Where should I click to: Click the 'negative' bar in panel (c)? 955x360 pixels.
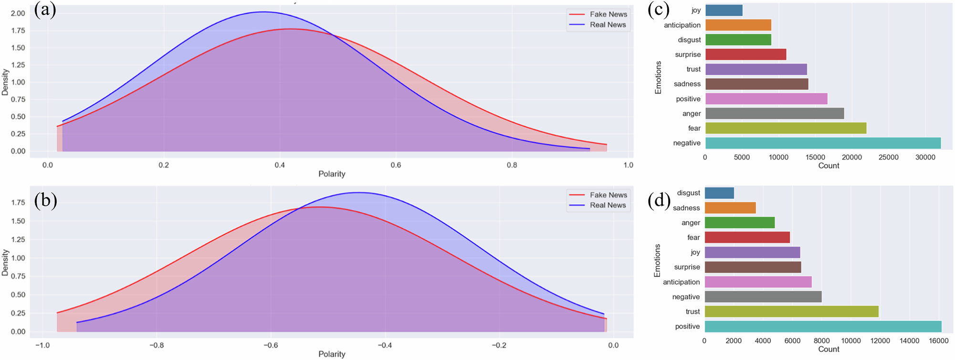(822, 143)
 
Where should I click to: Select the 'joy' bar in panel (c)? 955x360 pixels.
(724, 10)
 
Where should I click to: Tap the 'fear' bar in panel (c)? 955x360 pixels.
(785, 128)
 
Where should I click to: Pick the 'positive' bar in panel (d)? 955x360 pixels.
(822, 327)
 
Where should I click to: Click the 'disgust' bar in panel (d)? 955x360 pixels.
(719, 193)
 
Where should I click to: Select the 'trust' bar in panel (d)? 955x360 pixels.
(791, 312)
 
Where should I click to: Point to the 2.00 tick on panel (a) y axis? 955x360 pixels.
(18, 13)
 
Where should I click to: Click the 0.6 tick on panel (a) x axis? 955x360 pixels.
(396, 165)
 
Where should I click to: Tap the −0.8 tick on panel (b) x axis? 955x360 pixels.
(156, 345)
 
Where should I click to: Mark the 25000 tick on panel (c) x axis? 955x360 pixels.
(888, 157)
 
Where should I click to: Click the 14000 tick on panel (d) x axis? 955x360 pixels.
(909, 340)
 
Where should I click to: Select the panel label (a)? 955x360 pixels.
(45, 10)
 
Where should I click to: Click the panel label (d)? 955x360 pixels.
(659, 201)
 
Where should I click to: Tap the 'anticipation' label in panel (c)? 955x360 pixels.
(682, 25)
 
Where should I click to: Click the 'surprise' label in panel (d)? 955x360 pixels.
(687, 267)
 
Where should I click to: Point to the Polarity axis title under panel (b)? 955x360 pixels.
(332, 354)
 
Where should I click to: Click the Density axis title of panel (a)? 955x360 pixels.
(5, 82)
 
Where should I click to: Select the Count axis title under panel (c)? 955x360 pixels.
(829, 166)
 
